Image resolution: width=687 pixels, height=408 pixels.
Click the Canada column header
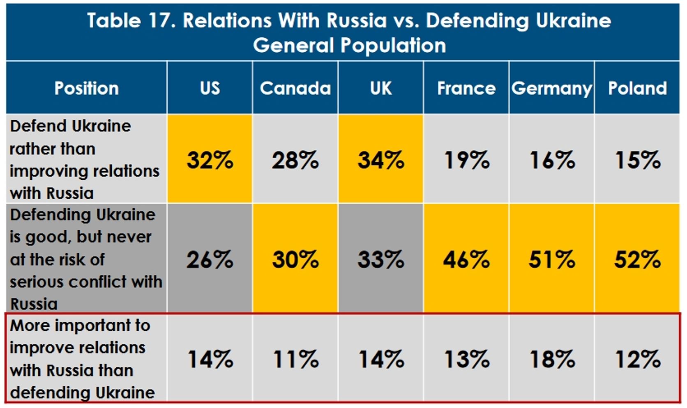click(295, 88)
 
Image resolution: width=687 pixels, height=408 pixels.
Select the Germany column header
click(551, 88)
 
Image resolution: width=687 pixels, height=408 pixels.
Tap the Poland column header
click(637, 88)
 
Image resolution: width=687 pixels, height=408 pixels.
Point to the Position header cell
click(87, 88)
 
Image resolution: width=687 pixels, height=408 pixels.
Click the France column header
click(466, 88)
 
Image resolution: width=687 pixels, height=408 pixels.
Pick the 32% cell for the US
click(210, 160)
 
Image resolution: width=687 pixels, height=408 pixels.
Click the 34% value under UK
click(381, 160)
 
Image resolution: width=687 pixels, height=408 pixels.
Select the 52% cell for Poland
click(637, 259)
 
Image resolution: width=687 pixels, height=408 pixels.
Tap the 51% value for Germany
click(552, 259)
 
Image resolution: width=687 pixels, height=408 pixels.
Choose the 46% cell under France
click(466, 259)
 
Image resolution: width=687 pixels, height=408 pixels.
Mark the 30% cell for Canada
click(295, 259)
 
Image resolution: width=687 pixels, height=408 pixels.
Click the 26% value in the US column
click(210, 259)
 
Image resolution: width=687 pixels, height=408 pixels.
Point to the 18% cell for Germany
click(552, 359)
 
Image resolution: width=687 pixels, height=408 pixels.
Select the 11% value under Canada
click(295, 359)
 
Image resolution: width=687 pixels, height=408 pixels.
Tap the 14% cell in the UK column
click(381, 359)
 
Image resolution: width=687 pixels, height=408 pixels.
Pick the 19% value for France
click(466, 160)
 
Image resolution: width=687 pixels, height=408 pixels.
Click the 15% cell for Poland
click(637, 160)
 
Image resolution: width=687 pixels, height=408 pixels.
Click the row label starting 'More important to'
click(82, 359)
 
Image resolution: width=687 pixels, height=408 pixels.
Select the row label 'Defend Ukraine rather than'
click(84, 159)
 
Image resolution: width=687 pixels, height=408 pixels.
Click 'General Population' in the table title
click(349, 45)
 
